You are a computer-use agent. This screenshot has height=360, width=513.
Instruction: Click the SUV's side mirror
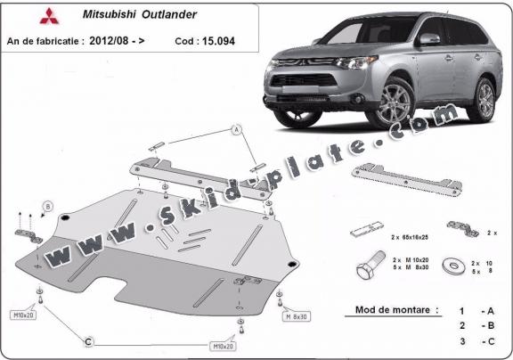[x=428, y=39]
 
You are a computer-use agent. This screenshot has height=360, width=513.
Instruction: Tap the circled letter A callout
[x=237, y=130]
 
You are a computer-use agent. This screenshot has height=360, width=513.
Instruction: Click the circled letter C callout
[x=88, y=340]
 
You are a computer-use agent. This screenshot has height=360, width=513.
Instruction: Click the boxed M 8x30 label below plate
[x=297, y=316]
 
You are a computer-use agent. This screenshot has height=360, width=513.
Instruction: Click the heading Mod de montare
[x=391, y=310]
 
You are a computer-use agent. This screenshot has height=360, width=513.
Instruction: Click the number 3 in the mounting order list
[x=461, y=340]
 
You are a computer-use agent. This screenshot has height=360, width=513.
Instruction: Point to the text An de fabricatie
[x=44, y=41]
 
